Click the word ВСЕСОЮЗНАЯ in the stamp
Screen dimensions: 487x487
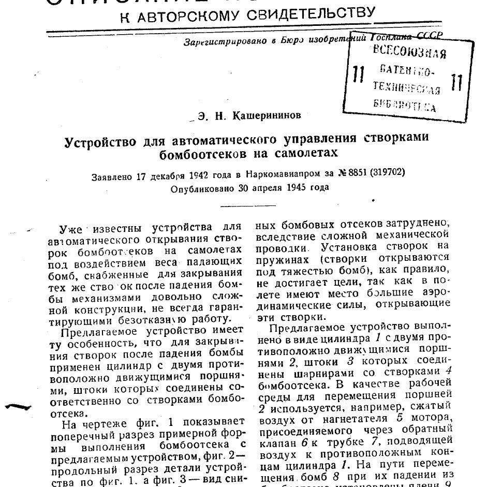409,53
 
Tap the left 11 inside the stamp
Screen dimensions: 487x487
356,75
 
